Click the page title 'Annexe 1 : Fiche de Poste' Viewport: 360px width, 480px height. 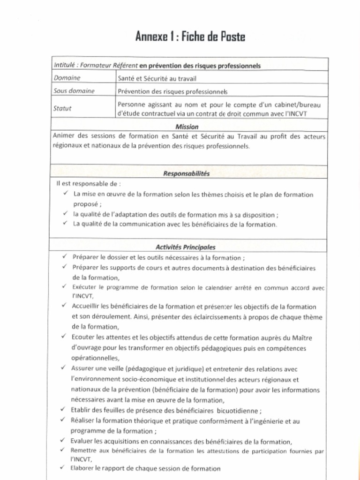(190, 36)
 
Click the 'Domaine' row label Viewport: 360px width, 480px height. (67, 78)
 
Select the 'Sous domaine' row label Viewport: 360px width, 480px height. (74, 91)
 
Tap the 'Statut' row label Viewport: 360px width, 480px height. (62, 108)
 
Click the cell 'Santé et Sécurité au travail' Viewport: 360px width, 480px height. (157, 78)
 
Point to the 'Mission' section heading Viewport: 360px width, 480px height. (187, 127)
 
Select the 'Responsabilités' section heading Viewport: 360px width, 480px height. (186, 173)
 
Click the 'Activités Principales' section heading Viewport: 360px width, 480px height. (185, 247)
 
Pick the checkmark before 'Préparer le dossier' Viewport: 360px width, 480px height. (64, 257)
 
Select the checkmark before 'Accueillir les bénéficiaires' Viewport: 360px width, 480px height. (63, 306)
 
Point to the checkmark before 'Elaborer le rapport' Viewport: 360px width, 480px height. (62, 467)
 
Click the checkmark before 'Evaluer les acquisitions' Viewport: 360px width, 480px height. (62, 441)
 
